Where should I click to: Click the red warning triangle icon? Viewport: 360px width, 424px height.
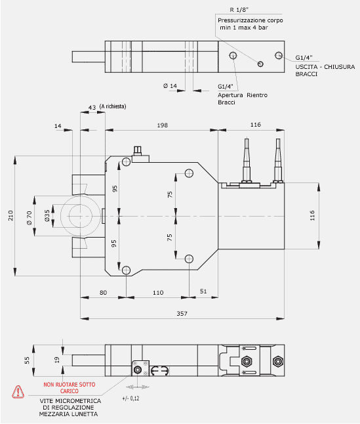pos(18,392)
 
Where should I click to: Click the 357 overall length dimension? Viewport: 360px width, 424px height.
pos(182,313)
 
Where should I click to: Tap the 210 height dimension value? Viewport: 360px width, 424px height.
pos(10,215)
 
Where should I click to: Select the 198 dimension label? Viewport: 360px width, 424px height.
pos(163,125)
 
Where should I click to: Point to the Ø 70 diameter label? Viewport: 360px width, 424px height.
pos(29,218)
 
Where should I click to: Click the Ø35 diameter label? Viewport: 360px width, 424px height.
pos(47,216)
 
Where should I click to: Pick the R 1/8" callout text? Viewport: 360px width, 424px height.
pos(239,10)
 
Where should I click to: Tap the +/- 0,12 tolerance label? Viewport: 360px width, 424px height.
pos(130,398)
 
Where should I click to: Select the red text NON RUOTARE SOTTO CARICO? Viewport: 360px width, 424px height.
pos(70,388)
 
